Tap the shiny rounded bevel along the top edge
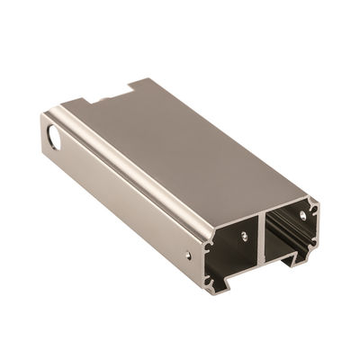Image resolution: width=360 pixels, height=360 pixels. pos(135,166)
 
